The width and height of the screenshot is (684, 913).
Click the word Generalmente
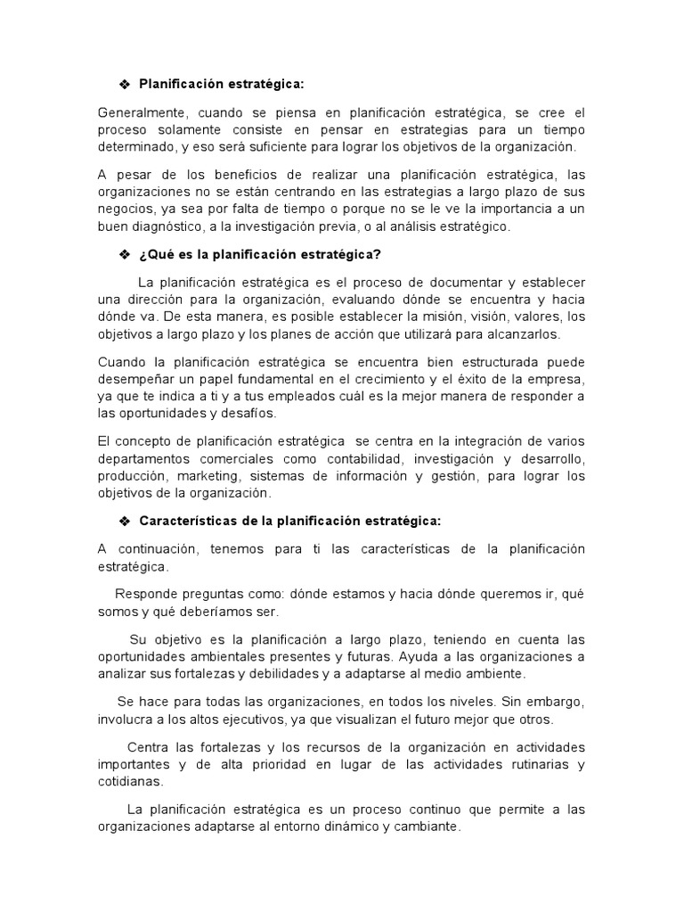[139, 113]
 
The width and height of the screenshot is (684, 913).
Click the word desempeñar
[136, 380]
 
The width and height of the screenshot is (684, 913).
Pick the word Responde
[147, 595]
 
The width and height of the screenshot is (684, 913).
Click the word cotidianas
[130, 781]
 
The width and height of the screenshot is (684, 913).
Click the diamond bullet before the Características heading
[126, 521]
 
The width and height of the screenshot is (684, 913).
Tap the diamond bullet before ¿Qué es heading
[126, 255]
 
